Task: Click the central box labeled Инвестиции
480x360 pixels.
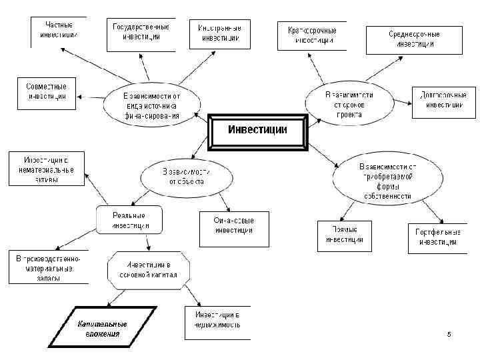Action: (258, 131)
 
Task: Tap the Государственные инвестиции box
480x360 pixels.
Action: (141, 33)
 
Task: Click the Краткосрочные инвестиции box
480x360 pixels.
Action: (306, 35)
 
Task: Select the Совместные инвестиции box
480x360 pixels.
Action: (46, 92)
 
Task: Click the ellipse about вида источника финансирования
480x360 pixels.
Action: (152, 105)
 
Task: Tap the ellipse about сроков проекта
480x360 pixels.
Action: (349, 104)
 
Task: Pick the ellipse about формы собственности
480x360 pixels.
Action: (387, 181)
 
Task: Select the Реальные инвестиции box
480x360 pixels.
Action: (129, 221)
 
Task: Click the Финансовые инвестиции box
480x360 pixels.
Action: (233, 227)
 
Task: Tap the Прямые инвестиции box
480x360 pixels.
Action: (340, 235)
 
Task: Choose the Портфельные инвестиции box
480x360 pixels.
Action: (437, 237)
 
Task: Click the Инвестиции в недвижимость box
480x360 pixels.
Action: (217, 323)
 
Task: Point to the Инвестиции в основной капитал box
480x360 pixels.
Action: (149, 270)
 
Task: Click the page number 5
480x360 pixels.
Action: (449, 333)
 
